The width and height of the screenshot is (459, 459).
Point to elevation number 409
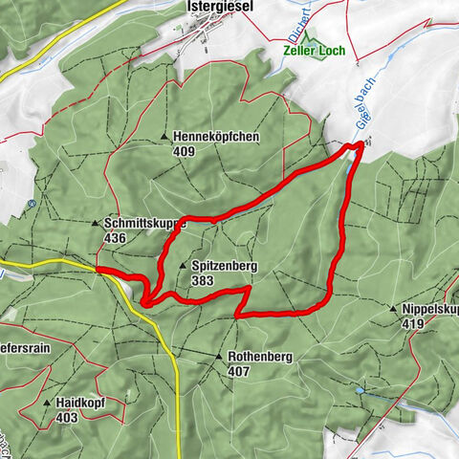click(x=185, y=151)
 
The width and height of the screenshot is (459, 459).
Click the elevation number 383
click(x=203, y=281)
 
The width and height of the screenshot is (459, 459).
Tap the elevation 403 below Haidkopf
click(x=66, y=417)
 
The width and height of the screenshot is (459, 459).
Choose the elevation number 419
click(x=411, y=325)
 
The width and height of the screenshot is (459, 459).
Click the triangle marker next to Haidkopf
click(x=47, y=403)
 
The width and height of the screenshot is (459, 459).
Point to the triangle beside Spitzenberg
click(x=182, y=267)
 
